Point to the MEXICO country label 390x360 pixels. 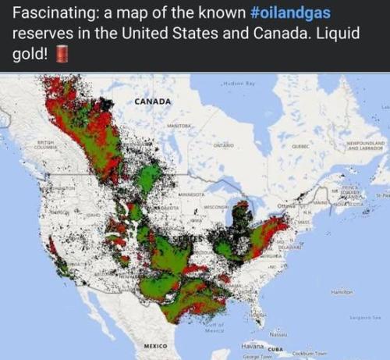click(158, 344)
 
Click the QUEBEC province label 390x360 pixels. click(301, 145)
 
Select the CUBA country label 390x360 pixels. click(277, 349)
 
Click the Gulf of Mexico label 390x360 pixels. click(212, 327)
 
